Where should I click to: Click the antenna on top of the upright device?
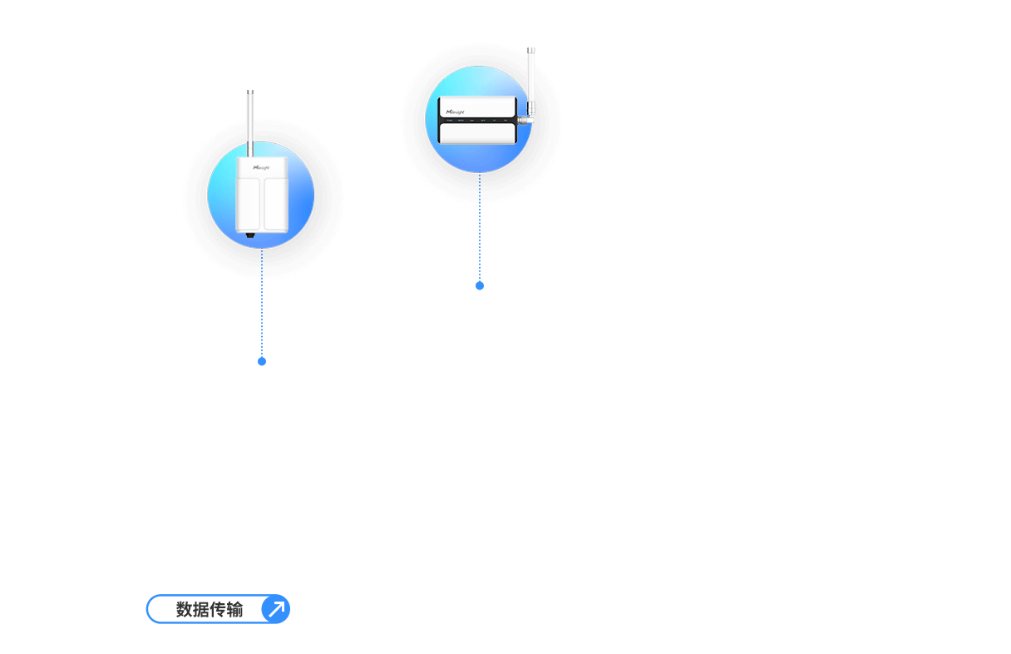(250, 121)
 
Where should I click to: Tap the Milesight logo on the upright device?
(261, 167)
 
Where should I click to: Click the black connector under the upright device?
(250, 237)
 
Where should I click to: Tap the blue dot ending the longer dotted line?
(262, 361)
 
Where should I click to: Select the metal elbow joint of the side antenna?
(525, 119)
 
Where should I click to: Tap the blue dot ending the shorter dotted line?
(480, 285)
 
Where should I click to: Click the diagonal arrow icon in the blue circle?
(275, 609)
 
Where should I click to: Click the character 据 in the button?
(201, 610)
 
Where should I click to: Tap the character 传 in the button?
(218, 610)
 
